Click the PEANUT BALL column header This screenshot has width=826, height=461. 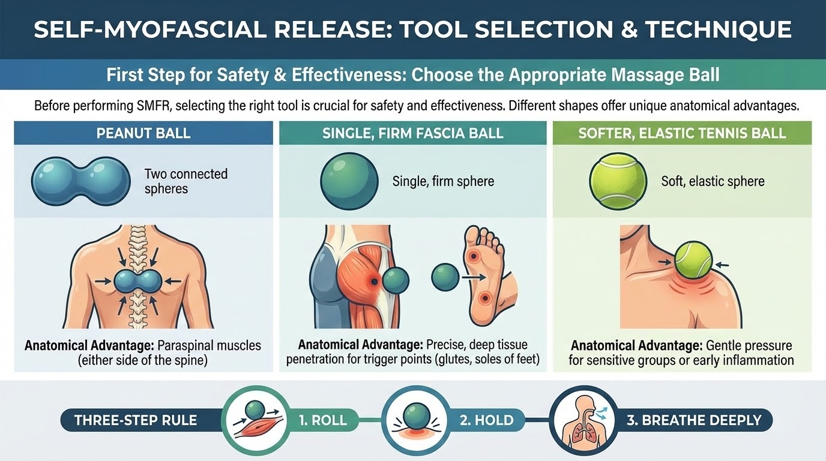coord(143,133)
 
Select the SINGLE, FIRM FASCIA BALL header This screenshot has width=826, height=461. coord(412,133)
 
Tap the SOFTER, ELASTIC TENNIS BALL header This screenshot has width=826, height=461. coord(682,133)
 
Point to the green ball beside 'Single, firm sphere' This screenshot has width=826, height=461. coord(349,181)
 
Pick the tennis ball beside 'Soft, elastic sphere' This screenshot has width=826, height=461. coord(618,181)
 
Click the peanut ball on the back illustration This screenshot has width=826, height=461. coord(138,282)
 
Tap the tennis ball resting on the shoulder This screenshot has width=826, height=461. coord(693,260)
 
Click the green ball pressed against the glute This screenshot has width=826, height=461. coord(396,281)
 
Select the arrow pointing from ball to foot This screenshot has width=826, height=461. coord(474,277)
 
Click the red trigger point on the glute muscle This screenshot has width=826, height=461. coord(374,282)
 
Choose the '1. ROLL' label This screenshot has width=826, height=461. coord(323,420)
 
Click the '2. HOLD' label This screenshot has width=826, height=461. coord(486,420)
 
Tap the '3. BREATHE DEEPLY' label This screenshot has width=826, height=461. coord(694,420)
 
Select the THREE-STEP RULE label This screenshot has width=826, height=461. coord(136,420)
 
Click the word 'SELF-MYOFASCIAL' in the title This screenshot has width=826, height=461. coord(150,29)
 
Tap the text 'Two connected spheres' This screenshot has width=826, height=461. coord(186,181)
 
